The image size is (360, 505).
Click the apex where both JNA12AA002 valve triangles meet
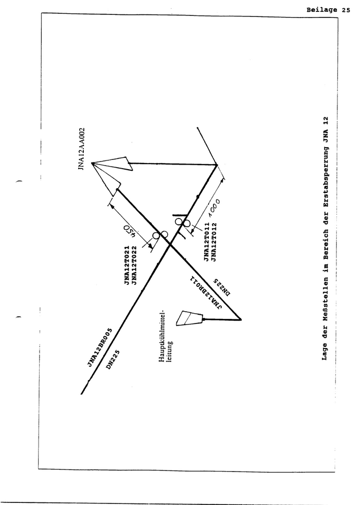[x=92, y=164]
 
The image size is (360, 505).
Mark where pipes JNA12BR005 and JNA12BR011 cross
[x=170, y=245]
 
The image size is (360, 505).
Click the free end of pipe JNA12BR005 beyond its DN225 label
[x=81, y=394]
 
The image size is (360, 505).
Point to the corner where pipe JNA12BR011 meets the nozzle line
[x=241, y=319]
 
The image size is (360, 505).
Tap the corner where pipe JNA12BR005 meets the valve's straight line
[x=217, y=165]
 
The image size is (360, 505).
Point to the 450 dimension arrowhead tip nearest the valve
[x=111, y=203]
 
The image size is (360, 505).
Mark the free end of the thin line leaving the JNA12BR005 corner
[x=197, y=128]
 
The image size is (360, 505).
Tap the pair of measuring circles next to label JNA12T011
[x=182, y=222]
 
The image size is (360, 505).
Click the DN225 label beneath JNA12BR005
[x=113, y=360]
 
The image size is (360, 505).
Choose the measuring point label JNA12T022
[x=134, y=266]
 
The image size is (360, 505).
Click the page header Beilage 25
[x=328, y=10]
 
